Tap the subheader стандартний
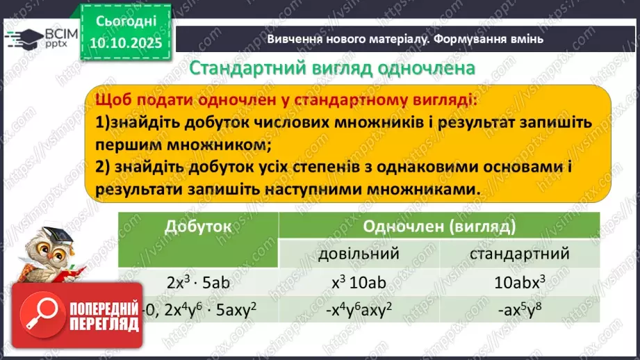(520, 254)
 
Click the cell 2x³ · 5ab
(198, 283)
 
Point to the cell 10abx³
(520, 283)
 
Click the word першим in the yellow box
(130, 146)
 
